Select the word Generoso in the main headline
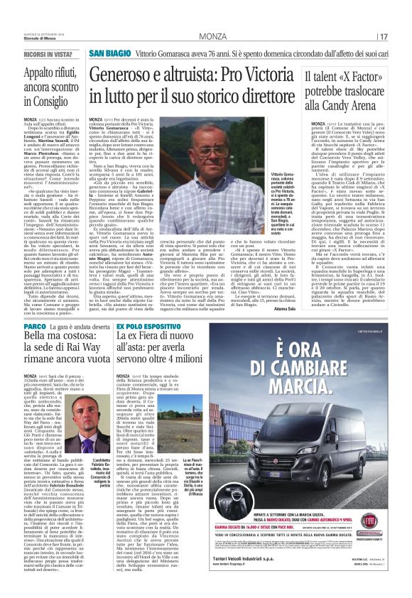pos(119,74)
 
